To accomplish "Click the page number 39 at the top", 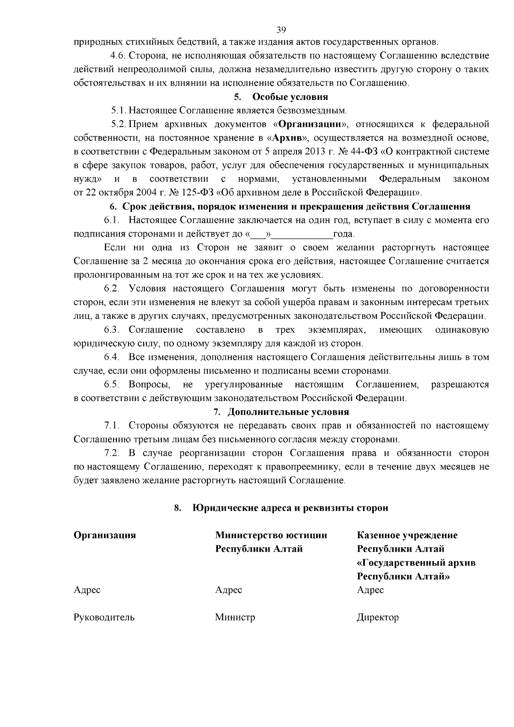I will (281, 30).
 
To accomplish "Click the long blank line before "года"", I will (303, 234).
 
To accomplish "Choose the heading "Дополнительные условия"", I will (288, 412).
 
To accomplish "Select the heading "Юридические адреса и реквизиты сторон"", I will (290, 508).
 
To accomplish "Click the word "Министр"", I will (235, 618).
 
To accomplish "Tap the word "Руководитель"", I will (104, 618).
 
